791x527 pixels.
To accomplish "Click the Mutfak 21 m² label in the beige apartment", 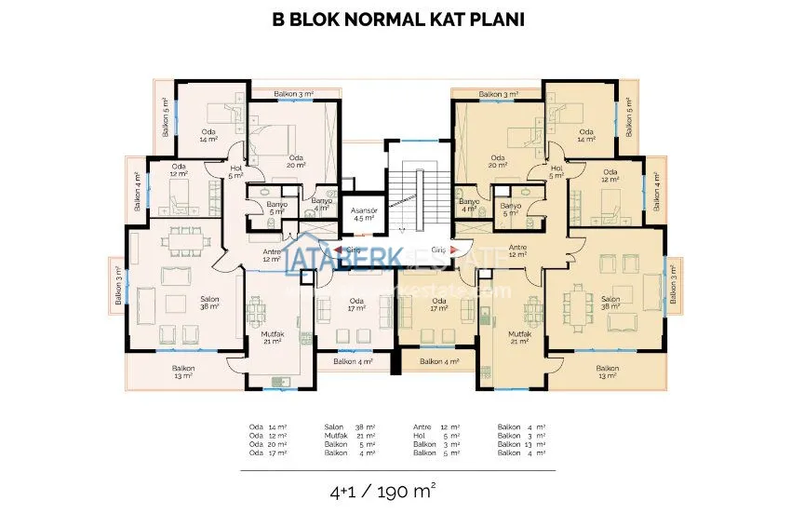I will [x=518, y=337].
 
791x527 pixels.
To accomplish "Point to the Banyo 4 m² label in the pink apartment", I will [x=321, y=205].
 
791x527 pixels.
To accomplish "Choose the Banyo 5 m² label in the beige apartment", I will [x=509, y=209].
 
